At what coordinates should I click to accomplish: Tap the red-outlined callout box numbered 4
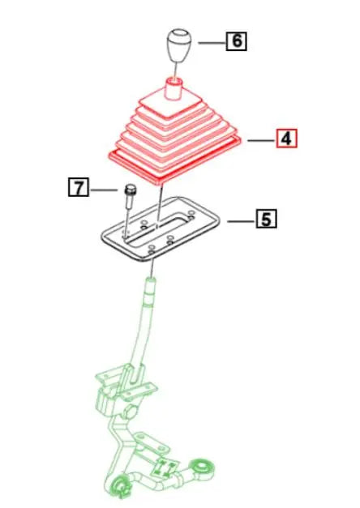click(x=286, y=139)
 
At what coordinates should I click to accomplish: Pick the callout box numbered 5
click(x=266, y=218)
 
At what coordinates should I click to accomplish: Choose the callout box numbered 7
click(x=78, y=189)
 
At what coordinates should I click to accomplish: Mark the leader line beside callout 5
click(x=240, y=219)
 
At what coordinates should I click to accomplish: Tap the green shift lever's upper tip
click(x=151, y=283)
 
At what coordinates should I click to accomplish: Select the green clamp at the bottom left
click(x=122, y=485)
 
